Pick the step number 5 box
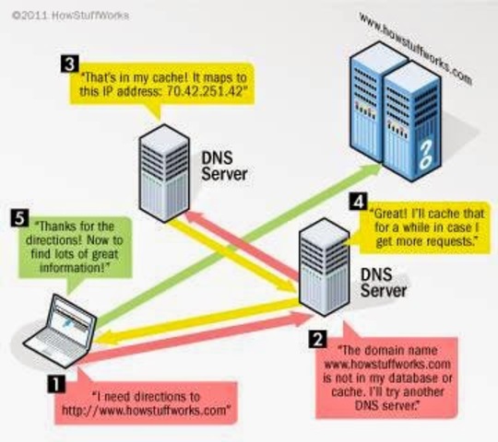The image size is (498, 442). tap(21, 218)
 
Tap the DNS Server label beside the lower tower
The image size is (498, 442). tap(383, 283)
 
